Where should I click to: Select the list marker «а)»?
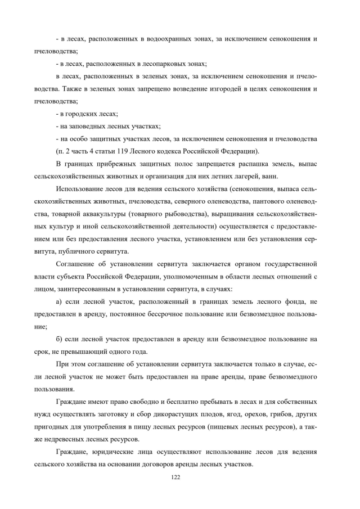point(60,301)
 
